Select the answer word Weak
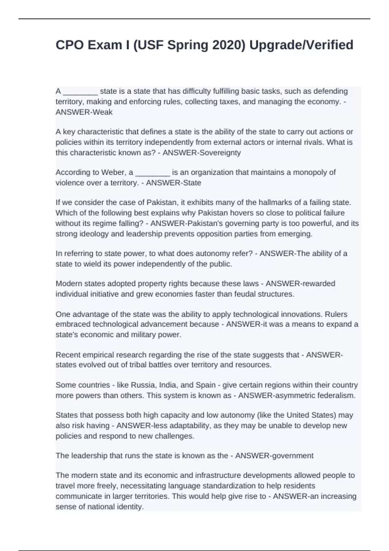point(103,112)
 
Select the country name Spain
point(206,385)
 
